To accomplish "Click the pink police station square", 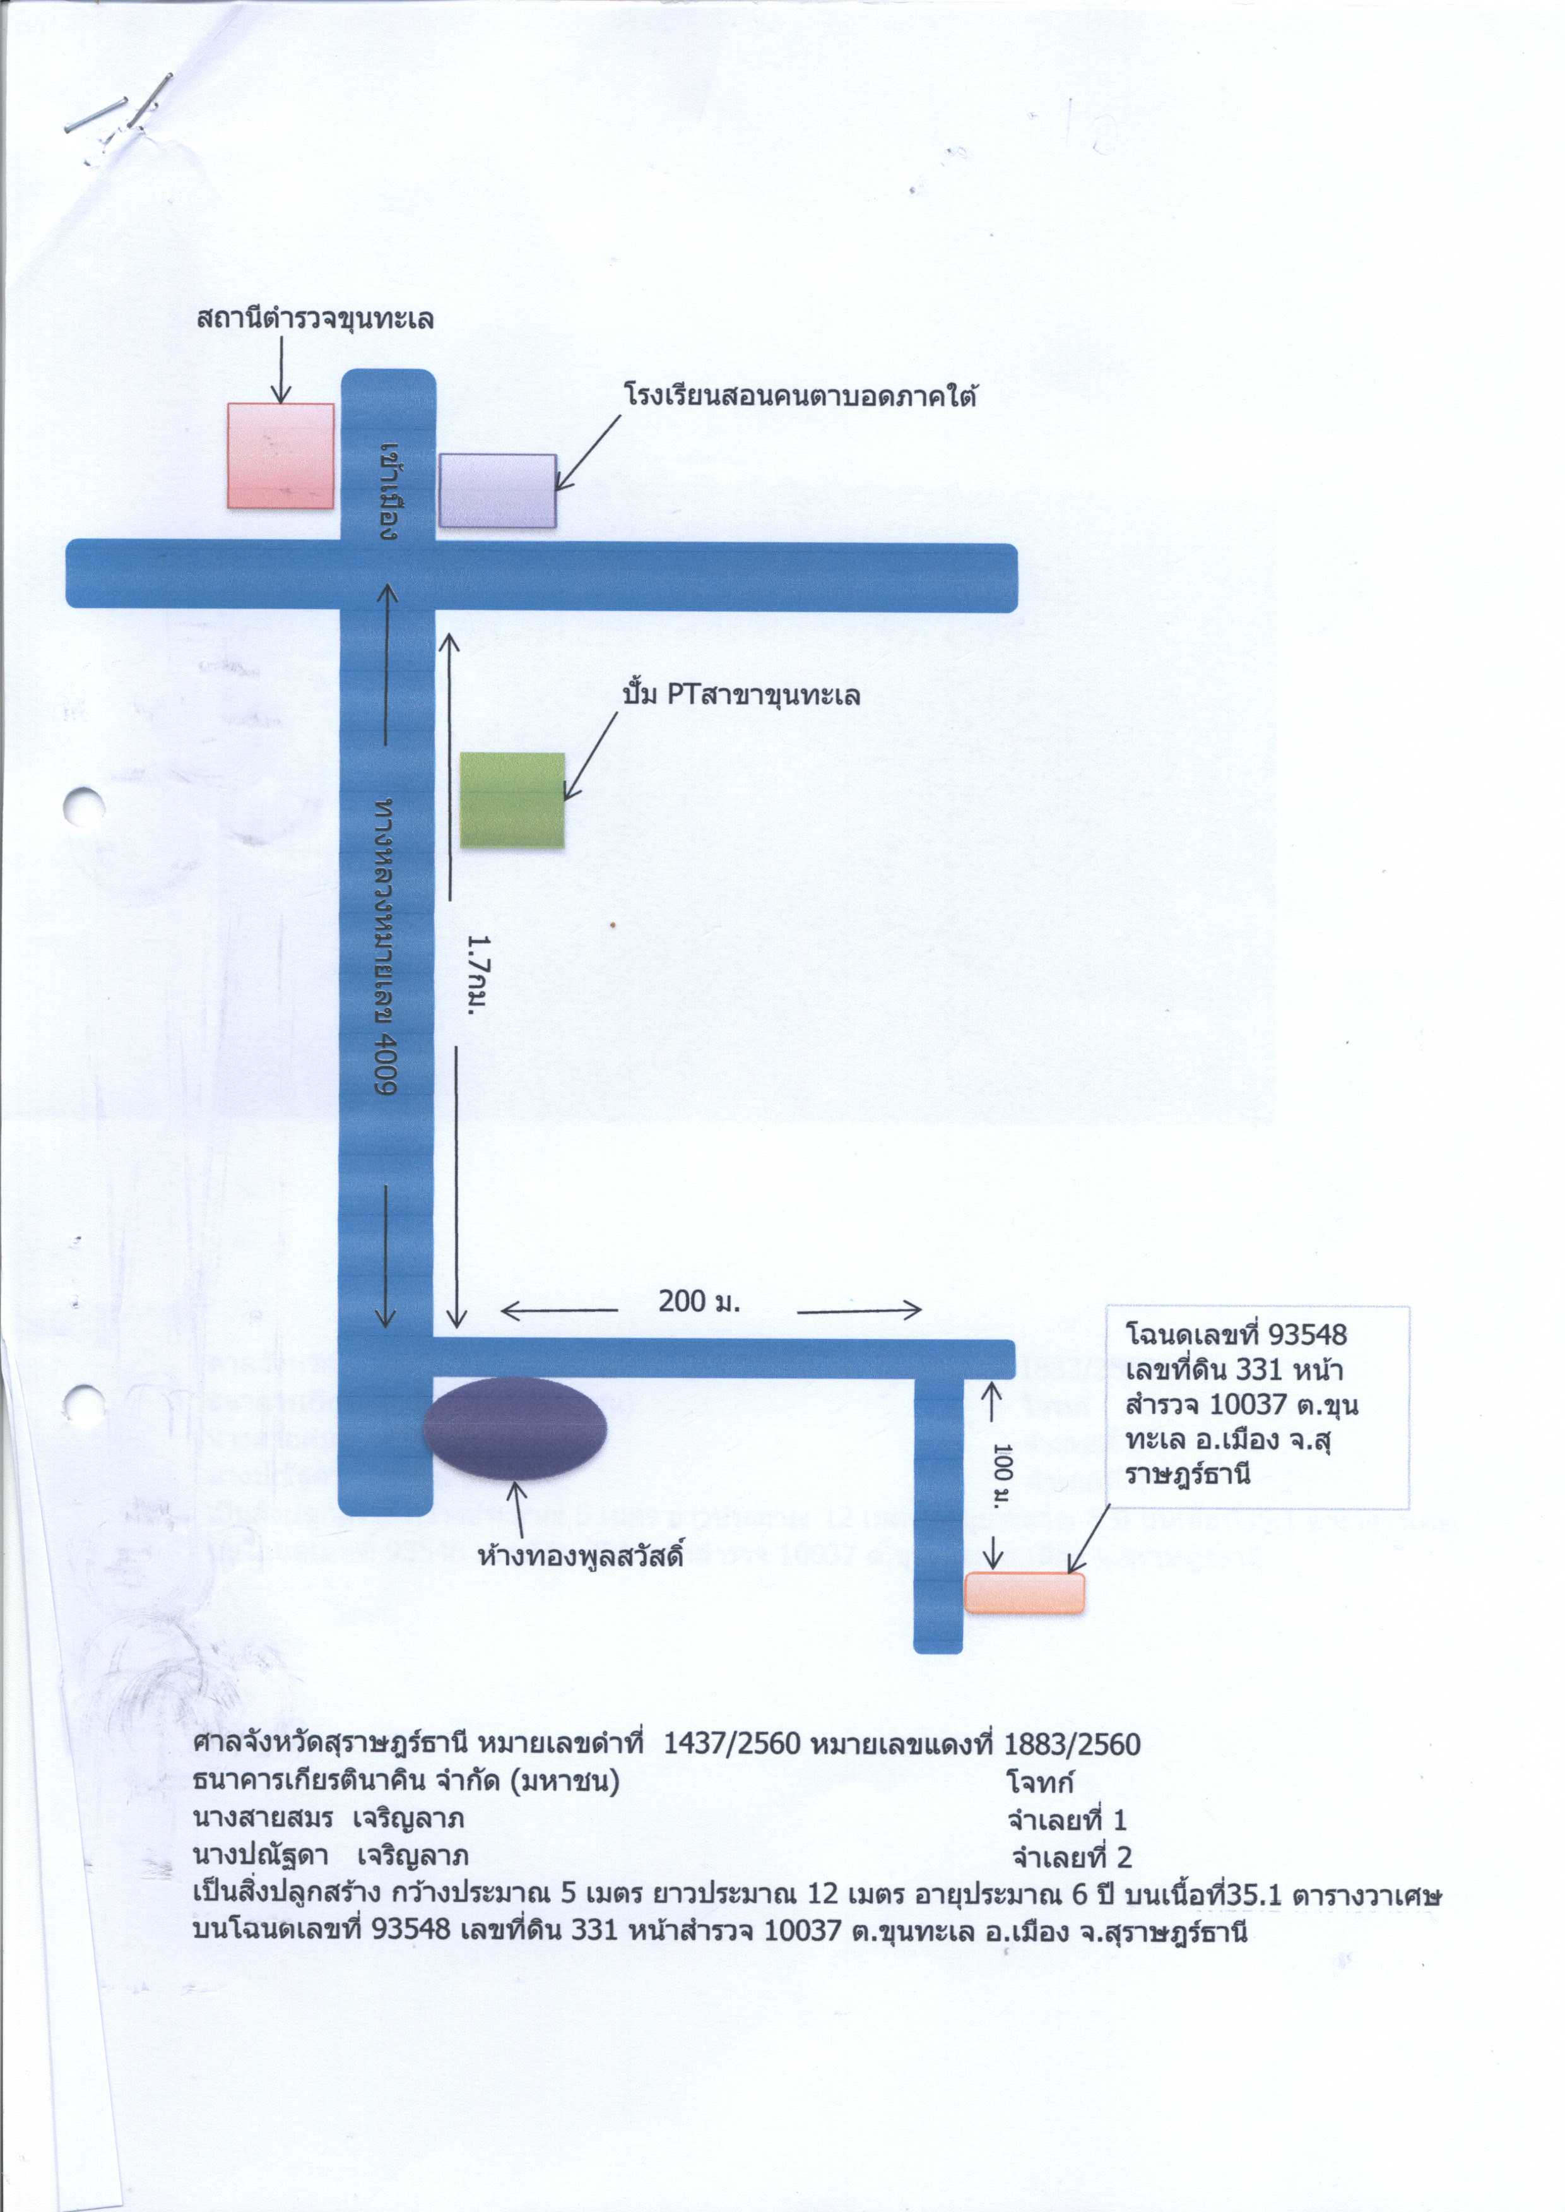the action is (280, 456).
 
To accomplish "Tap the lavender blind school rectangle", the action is (497, 491).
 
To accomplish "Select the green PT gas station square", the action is (512, 800).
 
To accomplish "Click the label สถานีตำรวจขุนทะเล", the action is (315, 318).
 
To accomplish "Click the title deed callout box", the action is (1258, 1406).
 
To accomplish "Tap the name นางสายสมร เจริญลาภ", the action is (329, 1819).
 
